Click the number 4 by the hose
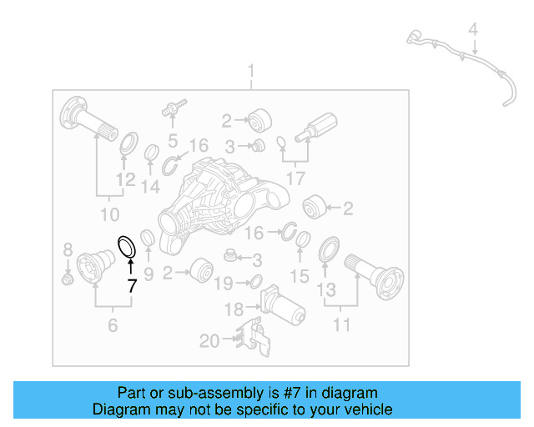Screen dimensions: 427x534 [x=473, y=32]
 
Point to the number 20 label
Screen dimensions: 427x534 [x=209, y=341]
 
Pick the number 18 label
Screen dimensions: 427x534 [x=234, y=310]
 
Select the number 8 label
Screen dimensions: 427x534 [x=68, y=249]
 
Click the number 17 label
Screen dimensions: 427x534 [x=296, y=178]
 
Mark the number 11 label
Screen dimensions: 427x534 [x=341, y=324]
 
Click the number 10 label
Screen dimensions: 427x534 [x=109, y=215]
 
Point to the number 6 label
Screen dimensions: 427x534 [x=113, y=324]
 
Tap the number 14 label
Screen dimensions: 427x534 [x=150, y=187]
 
